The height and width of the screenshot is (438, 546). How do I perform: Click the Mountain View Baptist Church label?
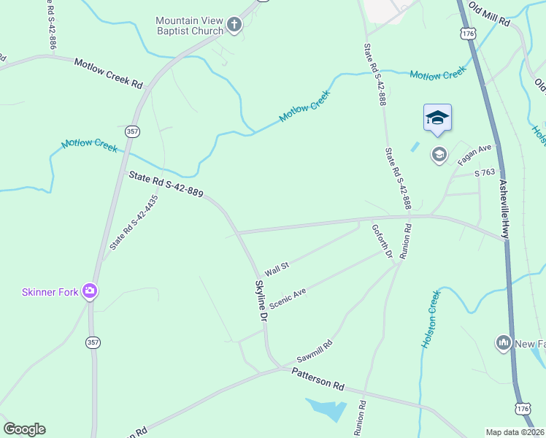pos(189,26)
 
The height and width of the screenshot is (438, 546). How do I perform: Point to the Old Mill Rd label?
pos(488,14)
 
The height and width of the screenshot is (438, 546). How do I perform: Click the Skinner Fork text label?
pos(50,292)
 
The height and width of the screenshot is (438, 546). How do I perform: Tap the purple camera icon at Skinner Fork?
pos(90,291)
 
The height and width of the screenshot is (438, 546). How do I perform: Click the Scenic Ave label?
pos(287,298)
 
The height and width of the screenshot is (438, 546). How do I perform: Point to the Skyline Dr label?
pos(261,301)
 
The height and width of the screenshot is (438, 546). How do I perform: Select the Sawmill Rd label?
pos(315,352)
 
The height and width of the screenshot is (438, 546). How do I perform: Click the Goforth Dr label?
pos(382,242)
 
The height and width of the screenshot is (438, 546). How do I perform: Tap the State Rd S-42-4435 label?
pos(134,223)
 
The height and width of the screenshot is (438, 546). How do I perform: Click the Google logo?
pos(24,429)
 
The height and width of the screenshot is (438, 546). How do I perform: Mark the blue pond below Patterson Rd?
pos(326,409)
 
